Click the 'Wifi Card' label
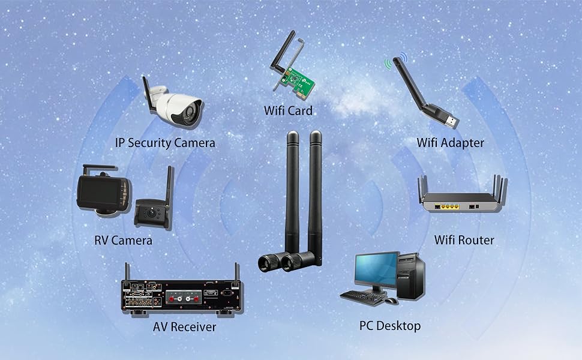tap(288, 110)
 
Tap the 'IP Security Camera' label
tap(165, 143)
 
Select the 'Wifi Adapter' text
tap(450, 143)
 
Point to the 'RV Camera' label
tap(123, 241)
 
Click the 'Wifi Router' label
tap(464, 240)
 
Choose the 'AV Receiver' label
tap(184, 327)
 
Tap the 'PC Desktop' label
tap(390, 326)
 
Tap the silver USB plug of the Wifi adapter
tap(451, 121)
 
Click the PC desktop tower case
tap(411, 276)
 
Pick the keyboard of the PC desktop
tap(362, 297)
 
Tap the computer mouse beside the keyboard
tap(390, 300)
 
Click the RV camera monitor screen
tap(100, 191)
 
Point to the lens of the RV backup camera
tap(151, 212)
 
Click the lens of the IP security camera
tap(193, 111)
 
